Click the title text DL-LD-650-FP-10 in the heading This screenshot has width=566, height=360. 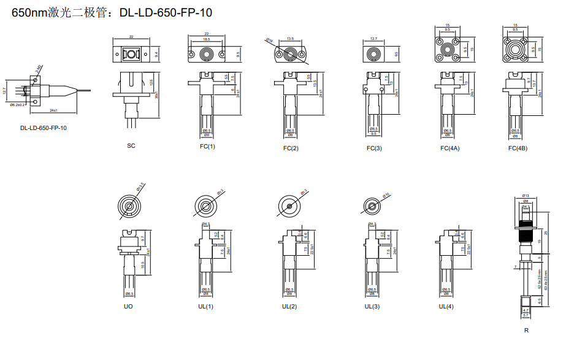pos(166,12)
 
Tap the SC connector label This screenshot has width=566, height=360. pos(131,145)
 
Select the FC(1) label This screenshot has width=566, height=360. pos(207,147)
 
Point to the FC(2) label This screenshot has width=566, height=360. pos(291,148)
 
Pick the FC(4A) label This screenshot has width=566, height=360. pos(449,148)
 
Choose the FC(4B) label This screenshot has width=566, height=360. pos(518,148)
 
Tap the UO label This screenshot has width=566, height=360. pos(128,306)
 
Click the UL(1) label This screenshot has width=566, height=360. pos(206,306)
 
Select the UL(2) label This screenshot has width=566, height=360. pos(289,306)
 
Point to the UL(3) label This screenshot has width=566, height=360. pos(372,306)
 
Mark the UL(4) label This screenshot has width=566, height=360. pos(446,306)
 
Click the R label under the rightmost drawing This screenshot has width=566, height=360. pos(526,330)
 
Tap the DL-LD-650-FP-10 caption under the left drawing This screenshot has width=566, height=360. pos(44,128)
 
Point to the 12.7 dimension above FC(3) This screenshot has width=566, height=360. pos(373,40)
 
